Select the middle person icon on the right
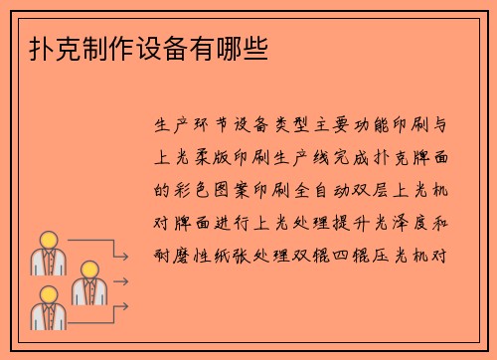85,282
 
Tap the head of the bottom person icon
47,294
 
